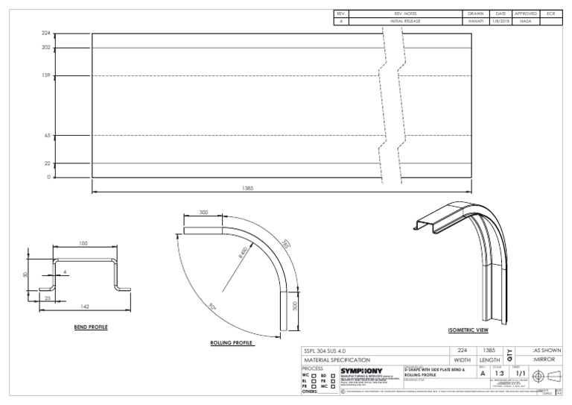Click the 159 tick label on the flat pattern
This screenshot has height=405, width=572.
(46, 75)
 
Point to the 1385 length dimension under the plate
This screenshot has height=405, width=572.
(248, 189)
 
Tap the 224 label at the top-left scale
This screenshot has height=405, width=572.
(46, 34)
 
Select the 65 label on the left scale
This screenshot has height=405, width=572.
(47, 136)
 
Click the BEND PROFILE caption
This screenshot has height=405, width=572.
(92, 326)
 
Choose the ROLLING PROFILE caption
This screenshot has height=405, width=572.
(232, 343)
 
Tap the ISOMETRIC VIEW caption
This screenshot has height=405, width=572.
(468, 330)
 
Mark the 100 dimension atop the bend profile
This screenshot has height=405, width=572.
(83, 244)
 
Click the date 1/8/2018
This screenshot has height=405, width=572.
(500, 22)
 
